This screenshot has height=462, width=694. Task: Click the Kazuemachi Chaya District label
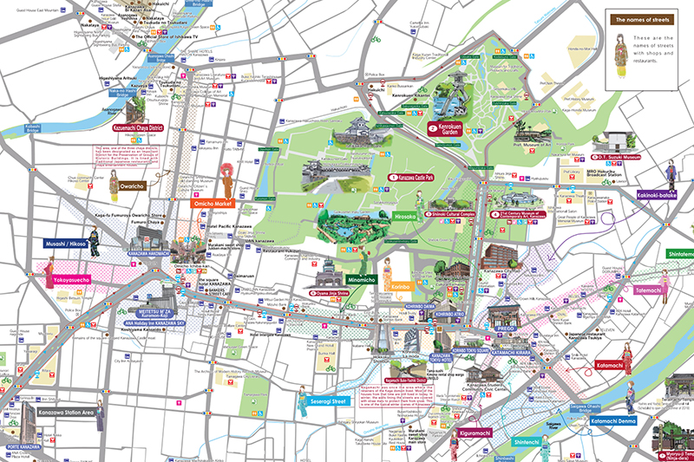coord(141,127)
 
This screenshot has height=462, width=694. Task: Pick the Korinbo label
coord(400,285)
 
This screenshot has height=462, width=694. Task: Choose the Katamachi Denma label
coord(615,420)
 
